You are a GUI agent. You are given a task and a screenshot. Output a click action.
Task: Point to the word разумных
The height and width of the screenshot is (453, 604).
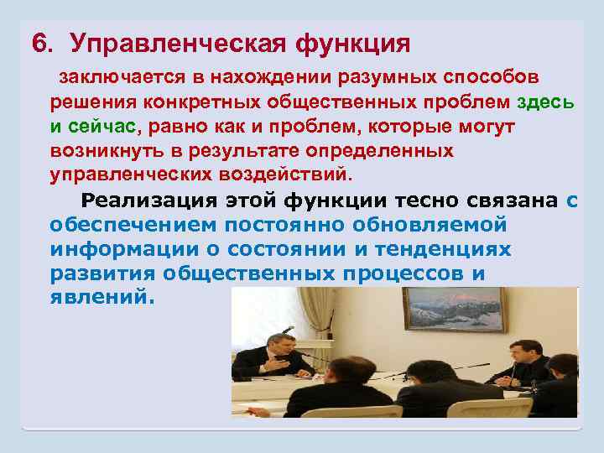383,79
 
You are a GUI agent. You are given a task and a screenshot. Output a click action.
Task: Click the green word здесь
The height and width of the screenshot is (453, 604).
546,103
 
